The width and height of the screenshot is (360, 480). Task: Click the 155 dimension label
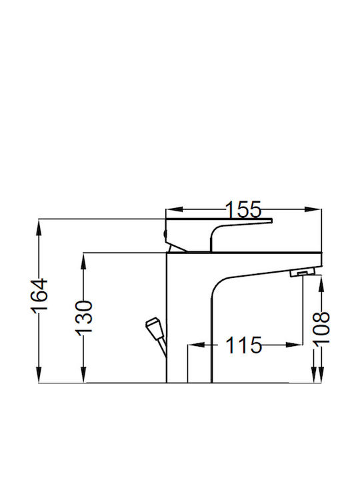244,209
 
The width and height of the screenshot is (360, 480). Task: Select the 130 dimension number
84,317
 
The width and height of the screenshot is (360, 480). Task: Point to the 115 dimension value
244,345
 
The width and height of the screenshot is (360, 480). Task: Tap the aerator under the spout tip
302,272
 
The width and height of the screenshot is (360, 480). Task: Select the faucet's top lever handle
219,234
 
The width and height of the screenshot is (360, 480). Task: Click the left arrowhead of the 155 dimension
174,209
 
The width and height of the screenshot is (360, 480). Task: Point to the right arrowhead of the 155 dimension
313,209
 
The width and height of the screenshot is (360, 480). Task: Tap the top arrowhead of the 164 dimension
39,227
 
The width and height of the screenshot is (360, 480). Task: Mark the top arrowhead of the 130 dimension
84,261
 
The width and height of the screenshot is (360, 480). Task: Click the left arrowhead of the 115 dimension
196,345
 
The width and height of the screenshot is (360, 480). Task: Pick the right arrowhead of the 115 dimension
294,345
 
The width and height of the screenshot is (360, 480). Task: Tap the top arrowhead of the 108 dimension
321,284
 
